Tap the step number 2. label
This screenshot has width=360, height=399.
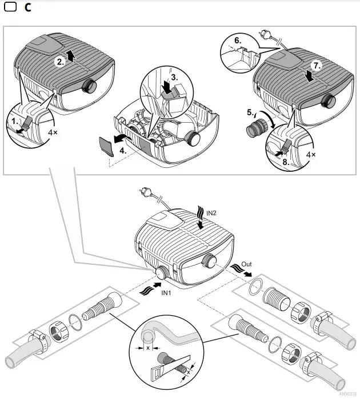[60, 62]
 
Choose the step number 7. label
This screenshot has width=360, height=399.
[318, 66]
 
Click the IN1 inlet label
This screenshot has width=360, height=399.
[167, 292]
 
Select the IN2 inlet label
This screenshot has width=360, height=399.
[211, 212]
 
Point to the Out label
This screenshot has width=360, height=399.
[246, 264]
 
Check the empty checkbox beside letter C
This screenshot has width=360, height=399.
[9, 9]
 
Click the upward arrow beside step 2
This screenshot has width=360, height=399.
[70, 55]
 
